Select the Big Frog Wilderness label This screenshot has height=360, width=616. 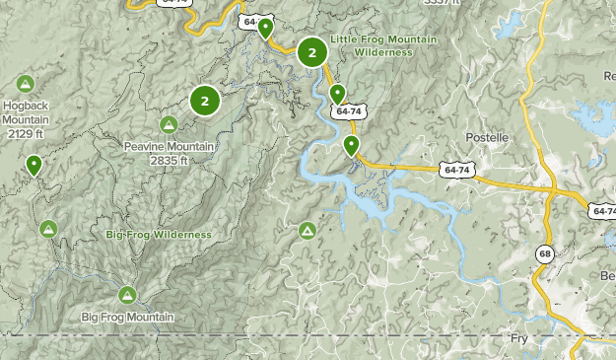tap(159, 235)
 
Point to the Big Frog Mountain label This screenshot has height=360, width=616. tap(127, 317)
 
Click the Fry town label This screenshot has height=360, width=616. tap(519, 337)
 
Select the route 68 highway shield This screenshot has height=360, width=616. tap(544, 254)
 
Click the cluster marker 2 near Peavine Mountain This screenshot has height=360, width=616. tap(205, 100)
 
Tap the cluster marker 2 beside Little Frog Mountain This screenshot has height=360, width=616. tap(312, 52)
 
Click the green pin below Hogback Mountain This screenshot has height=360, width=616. tap(34, 165)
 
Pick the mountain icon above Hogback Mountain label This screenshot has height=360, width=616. tap(25, 84)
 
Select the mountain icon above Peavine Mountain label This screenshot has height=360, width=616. tap(169, 124)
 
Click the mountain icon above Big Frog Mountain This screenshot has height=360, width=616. tap(127, 294)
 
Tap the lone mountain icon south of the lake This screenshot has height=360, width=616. tap(308, 230)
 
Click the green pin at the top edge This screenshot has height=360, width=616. tap(265, 28)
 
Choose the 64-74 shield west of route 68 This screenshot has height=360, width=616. tap(456, 171)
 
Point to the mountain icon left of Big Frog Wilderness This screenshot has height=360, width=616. tap(47, 229)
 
